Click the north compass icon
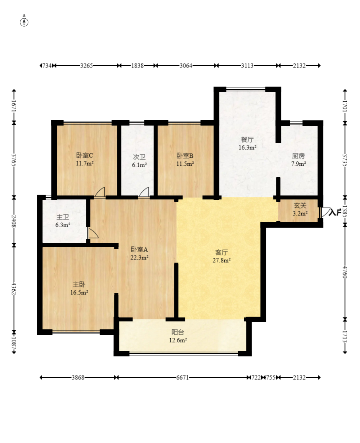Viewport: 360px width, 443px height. (x=24, y=22)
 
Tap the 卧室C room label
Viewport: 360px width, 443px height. (x=85, y=155)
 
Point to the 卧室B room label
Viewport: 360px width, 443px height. (x=185, y=155)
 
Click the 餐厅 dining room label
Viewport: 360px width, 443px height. (x=247, y=139)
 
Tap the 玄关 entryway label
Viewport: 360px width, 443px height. (x=300, y=206)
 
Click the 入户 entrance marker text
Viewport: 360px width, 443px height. (x=334, y=213)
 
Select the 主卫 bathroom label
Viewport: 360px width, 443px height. (x=63, y=217)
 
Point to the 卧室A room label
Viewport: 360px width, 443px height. (x=139, y=250)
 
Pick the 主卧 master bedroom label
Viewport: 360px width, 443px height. (x=79, y=284)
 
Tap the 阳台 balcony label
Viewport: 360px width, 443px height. (x=177, y=332)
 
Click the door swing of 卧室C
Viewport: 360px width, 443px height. (x=100, y=192)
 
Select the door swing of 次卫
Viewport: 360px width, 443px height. (x=144, y=192)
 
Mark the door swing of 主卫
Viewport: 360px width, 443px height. (x=93, y=233)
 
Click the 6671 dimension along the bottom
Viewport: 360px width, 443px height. (x=183, y=377)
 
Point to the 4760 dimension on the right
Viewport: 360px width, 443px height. (x=345, y=272)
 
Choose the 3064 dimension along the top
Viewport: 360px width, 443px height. (x=185, y=66)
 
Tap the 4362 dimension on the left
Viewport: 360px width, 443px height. (x=14, y=288)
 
